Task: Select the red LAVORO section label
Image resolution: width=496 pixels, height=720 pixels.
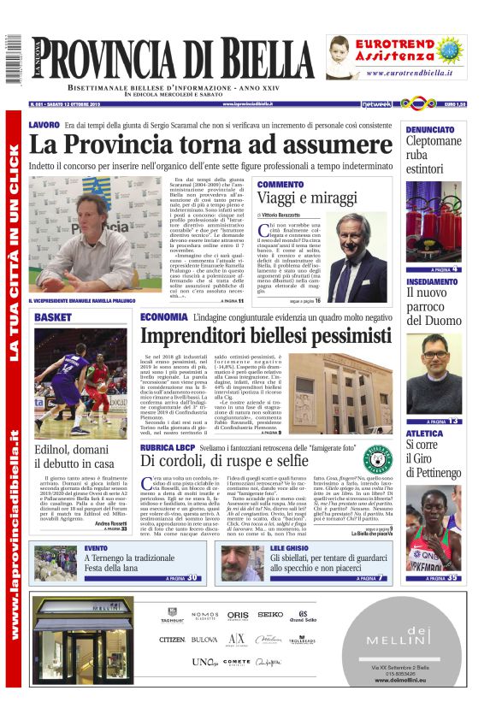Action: coord(44,125)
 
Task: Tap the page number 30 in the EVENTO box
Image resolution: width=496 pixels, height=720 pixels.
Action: coord(194,578)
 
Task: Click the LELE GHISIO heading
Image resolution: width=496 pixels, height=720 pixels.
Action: coord(289,547)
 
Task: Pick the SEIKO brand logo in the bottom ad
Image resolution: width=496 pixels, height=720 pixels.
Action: coord(270,614)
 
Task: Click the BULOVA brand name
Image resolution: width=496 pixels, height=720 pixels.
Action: coord(204,639)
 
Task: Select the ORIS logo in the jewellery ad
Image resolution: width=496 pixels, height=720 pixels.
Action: coord(239,614)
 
